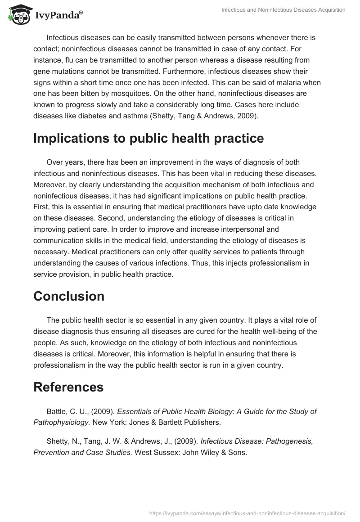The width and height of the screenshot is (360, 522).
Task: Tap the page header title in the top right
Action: tap(283, 10)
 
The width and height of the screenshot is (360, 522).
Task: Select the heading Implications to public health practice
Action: tap(148, 139)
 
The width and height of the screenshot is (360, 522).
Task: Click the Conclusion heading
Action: tap(69, 296)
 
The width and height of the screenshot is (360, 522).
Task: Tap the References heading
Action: tap(68, 387)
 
